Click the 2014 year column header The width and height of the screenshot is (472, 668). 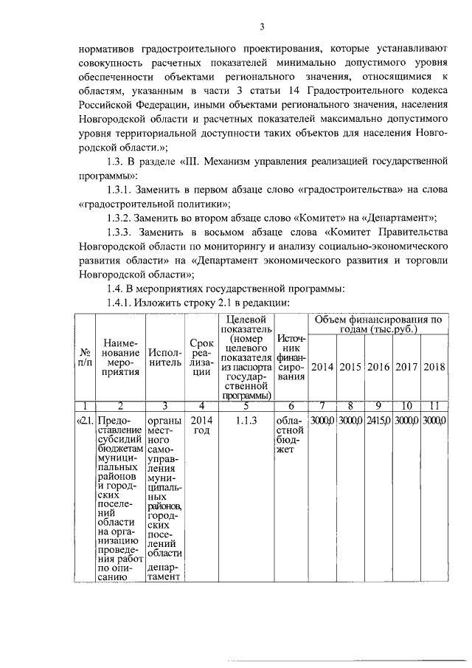[x=323, y=367]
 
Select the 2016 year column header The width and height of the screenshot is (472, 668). [x=379, y=367]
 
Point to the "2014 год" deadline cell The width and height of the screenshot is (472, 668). [x=201, y=425]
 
